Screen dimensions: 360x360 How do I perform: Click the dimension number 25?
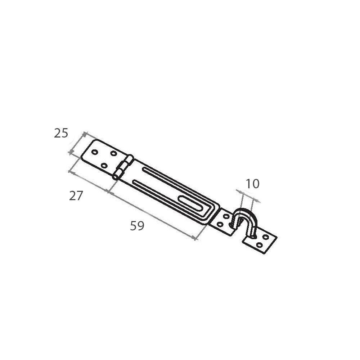tap(61, 133)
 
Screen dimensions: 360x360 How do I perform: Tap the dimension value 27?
tap(76, 196)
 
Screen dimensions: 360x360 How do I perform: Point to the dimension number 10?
tap(253, 184)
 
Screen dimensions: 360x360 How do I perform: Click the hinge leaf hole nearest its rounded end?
tap(94, 152)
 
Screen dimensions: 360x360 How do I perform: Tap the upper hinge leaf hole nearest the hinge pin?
tap(114, 153)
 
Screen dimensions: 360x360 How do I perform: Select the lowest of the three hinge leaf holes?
tap(104, 165)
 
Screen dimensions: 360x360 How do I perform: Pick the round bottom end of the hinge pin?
tap(115, 177)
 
